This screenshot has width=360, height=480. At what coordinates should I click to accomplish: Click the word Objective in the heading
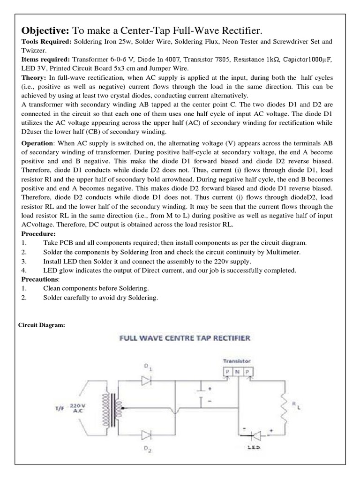(x=45, y=30)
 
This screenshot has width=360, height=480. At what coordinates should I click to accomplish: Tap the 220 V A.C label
(x=77, y=406)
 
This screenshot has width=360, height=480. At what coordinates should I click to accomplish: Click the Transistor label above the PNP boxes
(x=236, y=361)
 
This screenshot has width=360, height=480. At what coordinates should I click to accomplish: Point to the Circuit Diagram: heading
(x=41, y=325)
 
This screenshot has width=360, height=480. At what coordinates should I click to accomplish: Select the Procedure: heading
(x=38, y=233)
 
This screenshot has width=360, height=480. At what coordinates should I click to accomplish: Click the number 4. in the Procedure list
(x=23, y=270)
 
